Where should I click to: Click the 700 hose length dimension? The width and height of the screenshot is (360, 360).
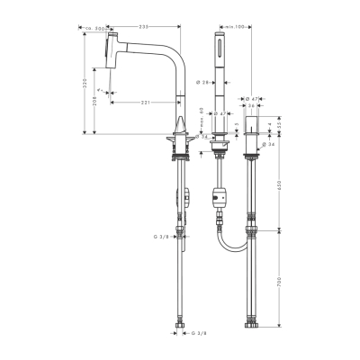[x=279, y=283]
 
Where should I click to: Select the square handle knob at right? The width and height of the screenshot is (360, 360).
[x=254, y=124]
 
